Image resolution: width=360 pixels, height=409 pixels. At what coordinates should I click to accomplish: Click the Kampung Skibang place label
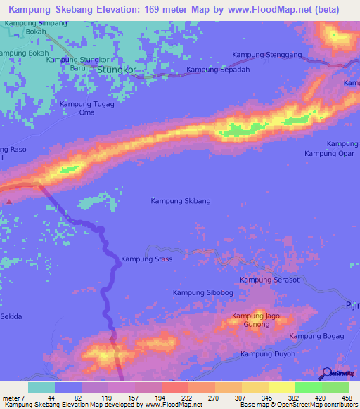[181, 200]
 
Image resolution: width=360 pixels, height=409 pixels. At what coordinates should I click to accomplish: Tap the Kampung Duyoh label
[269, 354]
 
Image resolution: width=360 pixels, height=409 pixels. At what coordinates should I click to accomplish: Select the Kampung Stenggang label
[266, 55]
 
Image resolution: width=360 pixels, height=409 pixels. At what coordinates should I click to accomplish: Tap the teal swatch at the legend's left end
[41, 387]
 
